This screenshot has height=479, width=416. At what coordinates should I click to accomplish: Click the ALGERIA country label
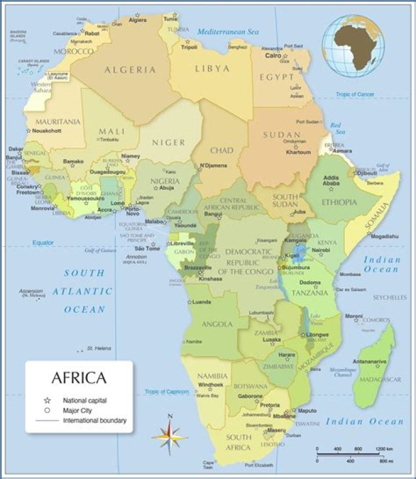pos(130,70)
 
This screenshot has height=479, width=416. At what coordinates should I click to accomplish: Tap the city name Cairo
pos(273,56)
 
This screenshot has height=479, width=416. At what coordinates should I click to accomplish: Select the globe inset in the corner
pos(354,46)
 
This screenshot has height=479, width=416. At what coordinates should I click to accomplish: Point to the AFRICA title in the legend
pos(79,378)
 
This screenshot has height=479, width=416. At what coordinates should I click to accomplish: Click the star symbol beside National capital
pos(47,400)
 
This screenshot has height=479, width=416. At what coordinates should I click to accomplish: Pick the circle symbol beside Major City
pos(47,410)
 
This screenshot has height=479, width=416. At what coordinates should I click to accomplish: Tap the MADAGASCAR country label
pos(381,379)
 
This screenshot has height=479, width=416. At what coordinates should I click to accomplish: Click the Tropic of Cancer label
pos(355,94)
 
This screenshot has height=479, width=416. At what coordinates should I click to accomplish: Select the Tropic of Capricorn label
pos(167,392)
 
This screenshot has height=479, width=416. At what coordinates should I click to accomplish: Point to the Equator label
pos(43,243)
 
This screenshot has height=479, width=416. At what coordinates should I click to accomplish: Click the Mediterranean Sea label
pos(228,32)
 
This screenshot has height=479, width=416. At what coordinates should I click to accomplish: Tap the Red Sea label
pos(336,128)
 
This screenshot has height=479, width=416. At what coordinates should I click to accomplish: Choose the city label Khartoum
pos(299,152)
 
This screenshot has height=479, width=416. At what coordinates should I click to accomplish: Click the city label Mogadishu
pos(385,236)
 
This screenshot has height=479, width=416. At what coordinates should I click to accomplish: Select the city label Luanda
pos(201,302)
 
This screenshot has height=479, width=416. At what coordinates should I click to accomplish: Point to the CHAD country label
pos(221,150)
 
